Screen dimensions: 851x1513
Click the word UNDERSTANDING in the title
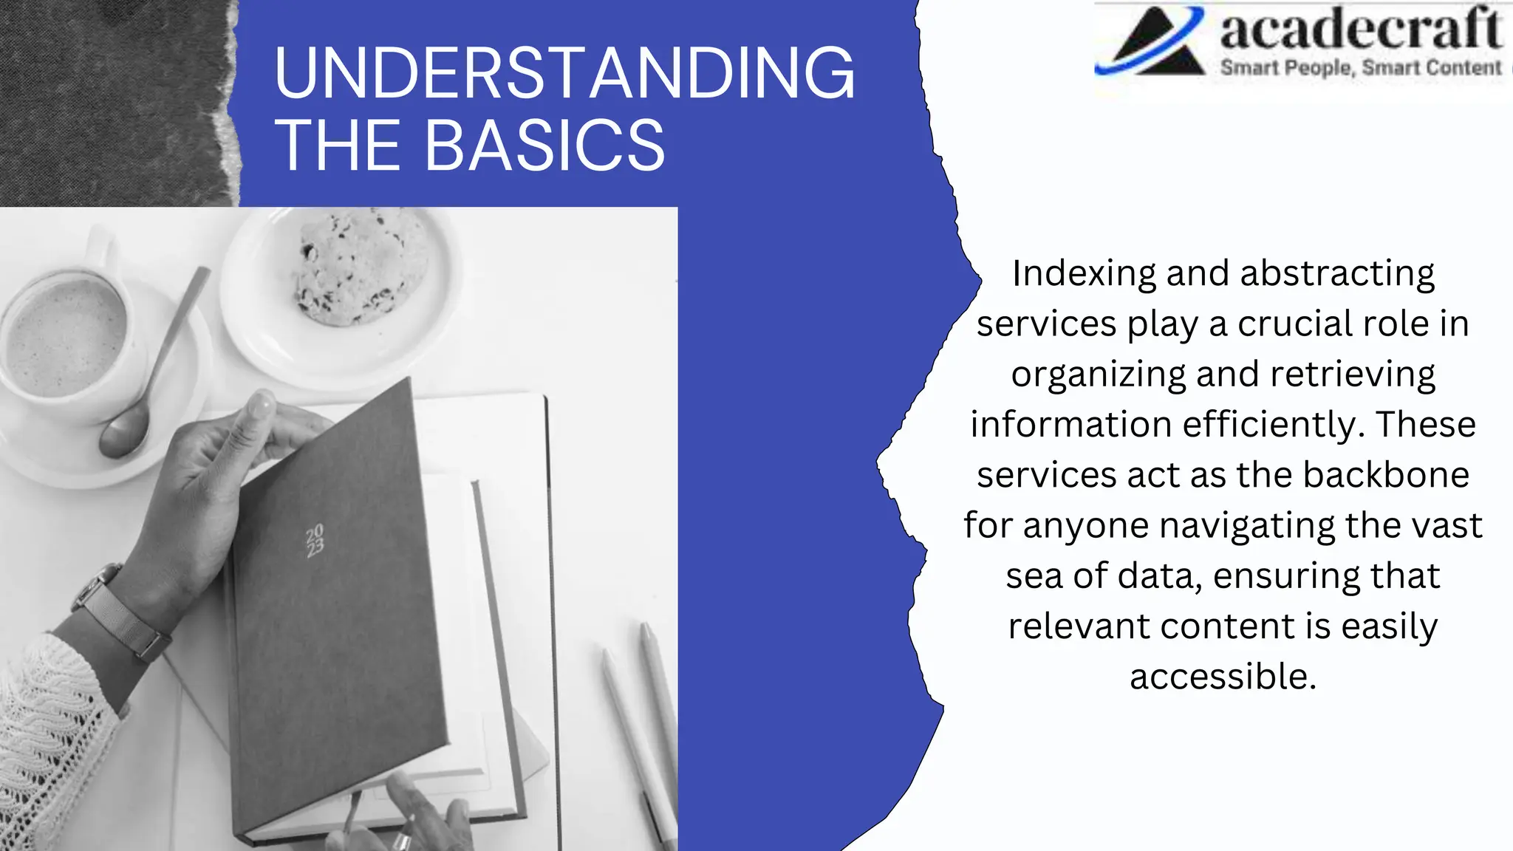(x=564, y=72)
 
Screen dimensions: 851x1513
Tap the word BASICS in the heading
(x=544, y=146)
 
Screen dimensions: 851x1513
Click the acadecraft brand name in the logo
(x=1360, y=30)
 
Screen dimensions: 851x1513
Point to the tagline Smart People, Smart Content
(x=1360, y=68)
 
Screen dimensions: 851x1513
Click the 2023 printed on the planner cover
(x=315, y=540)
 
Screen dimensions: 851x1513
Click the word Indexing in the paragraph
(x=1083, y=273)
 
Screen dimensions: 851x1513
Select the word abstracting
(x=1337, y=273)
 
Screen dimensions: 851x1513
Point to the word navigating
(x=1248, y=526)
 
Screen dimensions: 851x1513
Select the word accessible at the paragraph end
(x=1223, y=677)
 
